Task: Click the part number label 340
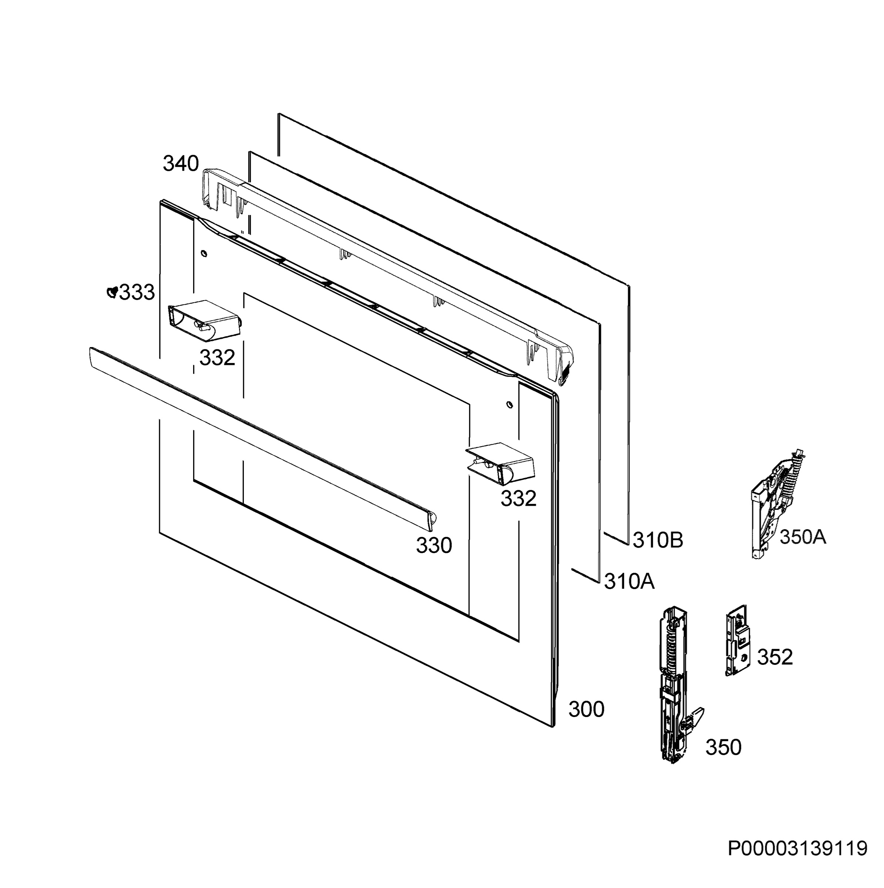point(181,164)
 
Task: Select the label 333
point(137,292)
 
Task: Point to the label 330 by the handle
point(434,546)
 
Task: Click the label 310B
point(658,541)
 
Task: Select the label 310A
point(629,581)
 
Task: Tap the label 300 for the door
point(586,709)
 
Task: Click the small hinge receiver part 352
point(737,641)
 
